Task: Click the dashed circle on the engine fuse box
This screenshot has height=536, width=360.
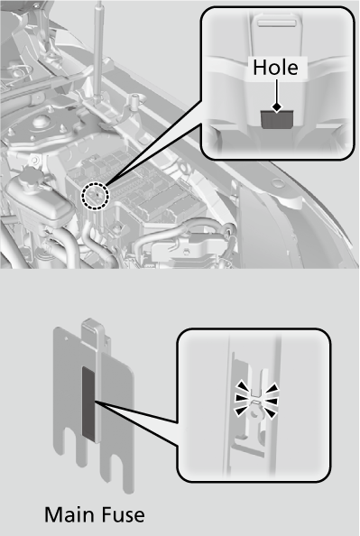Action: tap(94, 194)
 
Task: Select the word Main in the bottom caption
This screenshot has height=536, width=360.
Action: tap(72, 515)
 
